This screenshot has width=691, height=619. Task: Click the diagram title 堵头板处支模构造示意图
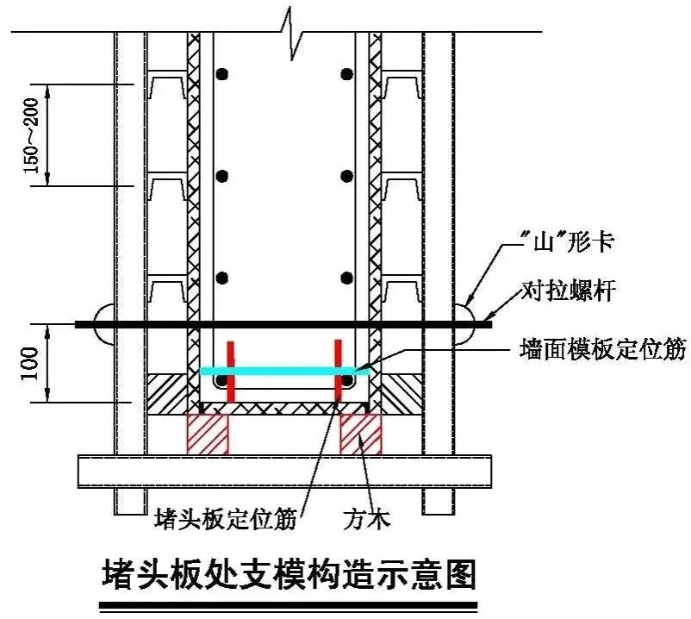(x=289, y=572)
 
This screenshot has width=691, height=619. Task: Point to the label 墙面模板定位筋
(x=603, y=351)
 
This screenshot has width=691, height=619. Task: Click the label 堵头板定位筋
(x=225, y=518)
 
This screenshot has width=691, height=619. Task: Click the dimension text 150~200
(x=31, y=135)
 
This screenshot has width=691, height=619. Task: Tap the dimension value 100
(x=31, y=364)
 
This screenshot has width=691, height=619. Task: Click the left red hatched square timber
(x=208, y=434)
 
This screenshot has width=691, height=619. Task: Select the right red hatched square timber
(x=361, y=434)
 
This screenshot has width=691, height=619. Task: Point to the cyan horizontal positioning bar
(x=283, y=371)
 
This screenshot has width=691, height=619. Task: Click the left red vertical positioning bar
(x=230, y=372)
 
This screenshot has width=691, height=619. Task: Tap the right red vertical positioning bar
(x=337, y=372)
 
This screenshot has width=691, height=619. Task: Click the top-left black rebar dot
(x=222, y=75)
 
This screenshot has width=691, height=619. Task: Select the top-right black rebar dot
(x=346, y=75)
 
